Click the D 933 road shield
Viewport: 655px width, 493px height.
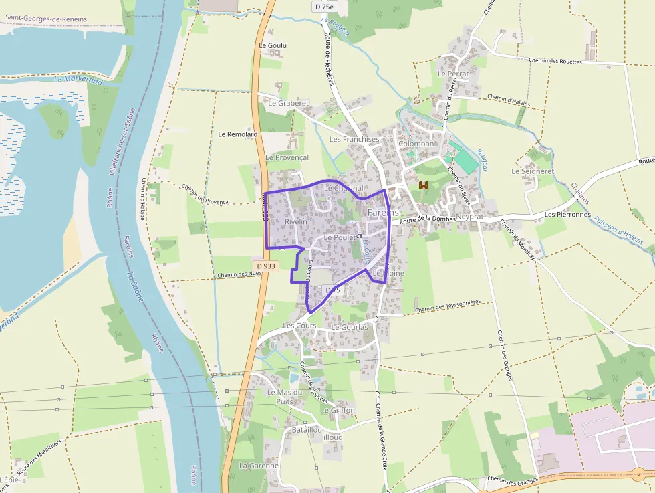265,266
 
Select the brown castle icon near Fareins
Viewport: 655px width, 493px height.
423,185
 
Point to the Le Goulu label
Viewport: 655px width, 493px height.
272,45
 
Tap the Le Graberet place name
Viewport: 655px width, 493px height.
288,104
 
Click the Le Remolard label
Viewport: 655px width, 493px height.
237,134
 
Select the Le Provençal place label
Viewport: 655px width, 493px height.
287,157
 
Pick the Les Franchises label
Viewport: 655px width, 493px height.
354,140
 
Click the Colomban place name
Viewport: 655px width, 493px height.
416,144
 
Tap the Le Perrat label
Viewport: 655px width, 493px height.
452,73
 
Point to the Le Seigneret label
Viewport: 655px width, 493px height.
533,171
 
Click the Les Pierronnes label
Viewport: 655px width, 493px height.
567,215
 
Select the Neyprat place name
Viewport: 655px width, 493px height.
471,217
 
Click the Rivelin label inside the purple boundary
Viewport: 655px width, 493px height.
296,221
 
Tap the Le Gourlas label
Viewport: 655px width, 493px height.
350,327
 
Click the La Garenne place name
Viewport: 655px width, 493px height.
259,465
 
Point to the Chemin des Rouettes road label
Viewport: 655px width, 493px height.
555,61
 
